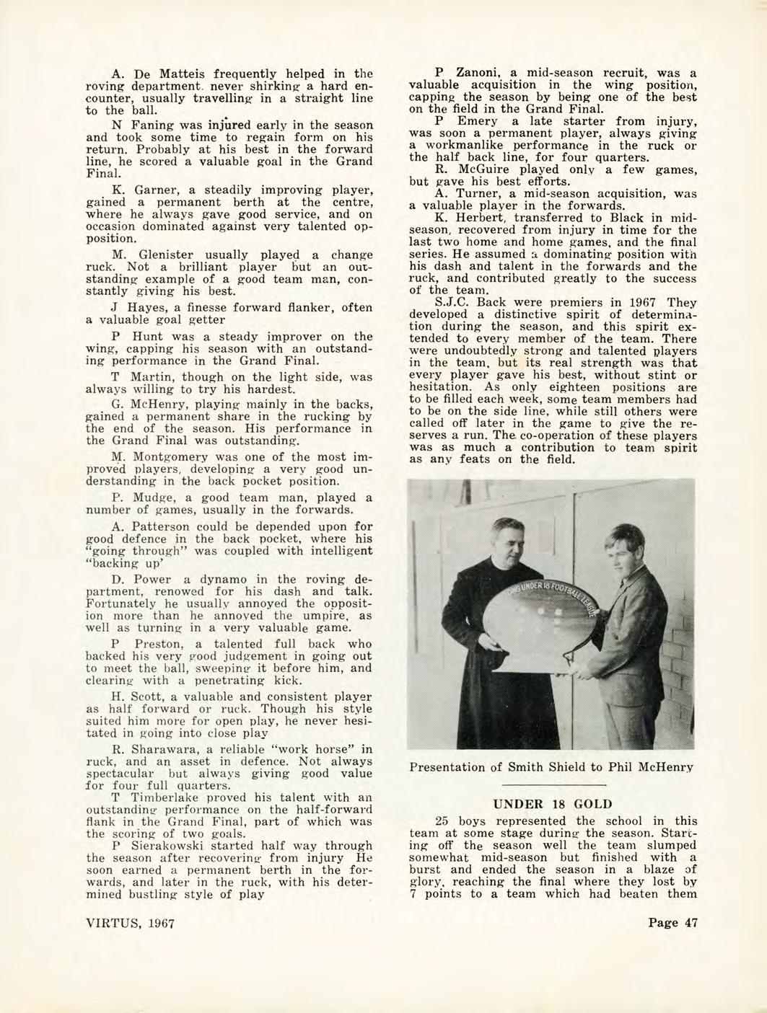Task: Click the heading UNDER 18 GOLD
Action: pyautogui.click(x=551, y=804)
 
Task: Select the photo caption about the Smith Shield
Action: pyautogui.click(x=551, y=767)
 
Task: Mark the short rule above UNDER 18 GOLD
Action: pyautogui.click(x=551, y=783)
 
